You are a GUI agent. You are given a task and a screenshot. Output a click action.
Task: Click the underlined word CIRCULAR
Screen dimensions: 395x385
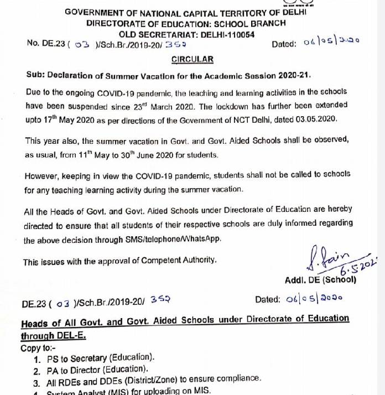click(x=192, y=59)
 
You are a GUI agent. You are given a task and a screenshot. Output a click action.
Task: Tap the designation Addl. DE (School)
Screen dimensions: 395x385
click(x=320, y=280)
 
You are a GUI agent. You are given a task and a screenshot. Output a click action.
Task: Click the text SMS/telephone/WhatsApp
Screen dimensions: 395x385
click(x=169, y=240)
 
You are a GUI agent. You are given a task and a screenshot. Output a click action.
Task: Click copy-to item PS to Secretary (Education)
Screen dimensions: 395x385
click(x=101, y=357)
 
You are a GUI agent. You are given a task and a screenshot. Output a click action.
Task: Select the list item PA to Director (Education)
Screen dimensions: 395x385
click(x=98, y=369)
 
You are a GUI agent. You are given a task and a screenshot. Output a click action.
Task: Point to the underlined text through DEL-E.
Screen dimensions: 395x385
click(x=54, y=336)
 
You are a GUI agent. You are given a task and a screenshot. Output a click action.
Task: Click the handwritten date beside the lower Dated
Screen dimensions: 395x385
click(x=313, y=299)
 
